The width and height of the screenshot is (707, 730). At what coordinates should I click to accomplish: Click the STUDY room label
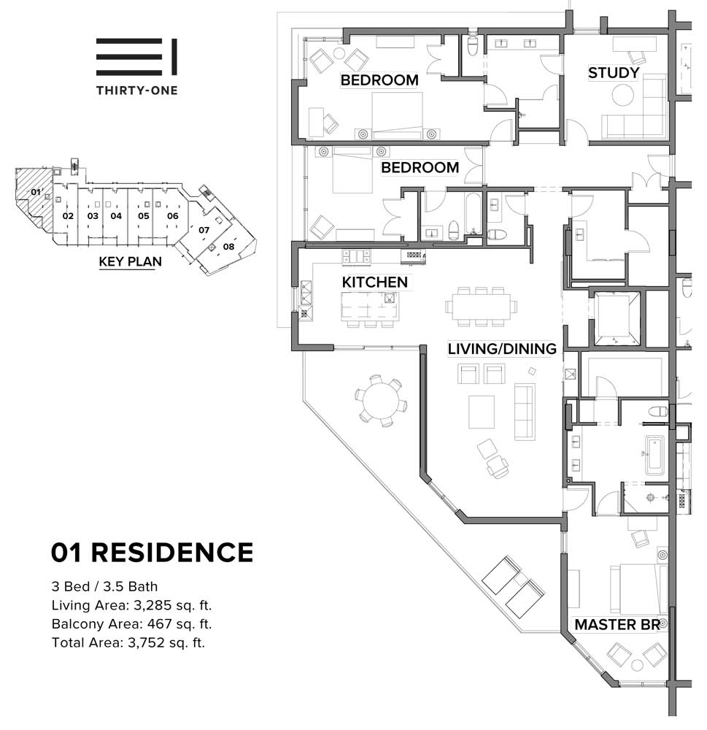613,73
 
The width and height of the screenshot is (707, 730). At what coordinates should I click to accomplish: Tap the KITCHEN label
375,282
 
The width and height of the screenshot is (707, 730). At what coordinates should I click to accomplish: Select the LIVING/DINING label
502,349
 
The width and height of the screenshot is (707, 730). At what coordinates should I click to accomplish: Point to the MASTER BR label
617,625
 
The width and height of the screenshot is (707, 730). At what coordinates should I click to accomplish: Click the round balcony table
381,400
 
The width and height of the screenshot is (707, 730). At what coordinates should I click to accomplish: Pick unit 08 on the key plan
228,246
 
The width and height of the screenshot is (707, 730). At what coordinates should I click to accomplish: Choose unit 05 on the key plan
143,216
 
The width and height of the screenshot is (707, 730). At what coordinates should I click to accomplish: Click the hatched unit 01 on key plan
34,198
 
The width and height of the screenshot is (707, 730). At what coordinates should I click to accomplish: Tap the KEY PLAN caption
131,261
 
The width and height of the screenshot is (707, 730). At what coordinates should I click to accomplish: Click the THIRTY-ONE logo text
137,91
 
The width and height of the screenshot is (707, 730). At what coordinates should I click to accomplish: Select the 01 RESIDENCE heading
152,553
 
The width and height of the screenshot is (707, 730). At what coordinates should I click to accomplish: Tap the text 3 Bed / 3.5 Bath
105,586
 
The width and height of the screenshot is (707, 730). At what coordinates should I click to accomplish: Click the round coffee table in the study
623,96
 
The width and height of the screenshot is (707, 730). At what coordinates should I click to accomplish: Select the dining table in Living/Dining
481,307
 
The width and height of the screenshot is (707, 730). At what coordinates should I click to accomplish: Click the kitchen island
370,306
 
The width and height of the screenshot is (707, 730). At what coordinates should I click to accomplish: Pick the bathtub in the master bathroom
654,456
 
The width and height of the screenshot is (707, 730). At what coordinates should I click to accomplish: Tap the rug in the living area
482,412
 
